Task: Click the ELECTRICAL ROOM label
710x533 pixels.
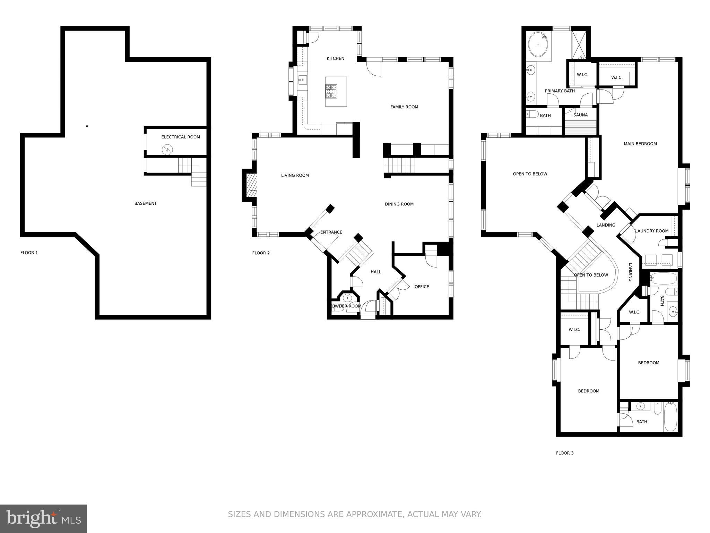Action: click(x=181, y=137)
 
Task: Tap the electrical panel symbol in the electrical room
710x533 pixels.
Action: click(x=167, y=150)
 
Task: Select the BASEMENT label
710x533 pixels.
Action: click(x=146, y=204)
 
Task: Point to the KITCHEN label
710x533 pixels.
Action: click(x=335, y=59)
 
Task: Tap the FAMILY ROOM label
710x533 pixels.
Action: click(x=404, y=107)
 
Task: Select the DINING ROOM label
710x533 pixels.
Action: click(x=399, y=204)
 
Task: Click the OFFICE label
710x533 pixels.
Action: click(x=422, y=287)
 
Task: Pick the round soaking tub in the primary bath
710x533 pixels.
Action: click(x=538, y=45)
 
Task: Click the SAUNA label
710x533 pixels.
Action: click(x=580, y=115)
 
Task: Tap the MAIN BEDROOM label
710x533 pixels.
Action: click(x=640, y=144)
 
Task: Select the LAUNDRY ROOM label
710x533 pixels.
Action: click(x=652, y=231)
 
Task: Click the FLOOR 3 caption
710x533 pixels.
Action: click(x=565, y=453)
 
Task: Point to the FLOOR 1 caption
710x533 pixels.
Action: click(x=29, y=253)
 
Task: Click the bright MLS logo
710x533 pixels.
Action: click(x=43, y=519)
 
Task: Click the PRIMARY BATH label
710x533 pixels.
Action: click(x=560, y=91)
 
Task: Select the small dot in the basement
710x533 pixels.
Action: click(x=87, y=126)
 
